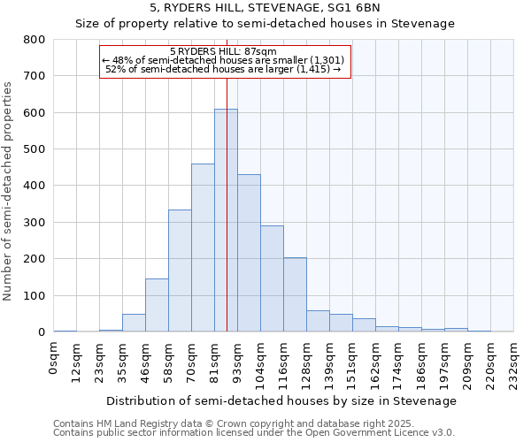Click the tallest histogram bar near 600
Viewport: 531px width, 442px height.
click(x=226, y=221)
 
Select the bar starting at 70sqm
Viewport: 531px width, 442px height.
click(x=203, y=248)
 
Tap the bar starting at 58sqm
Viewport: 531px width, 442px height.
click(x=180, y=271)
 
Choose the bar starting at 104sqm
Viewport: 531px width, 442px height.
click(x=272, y=278)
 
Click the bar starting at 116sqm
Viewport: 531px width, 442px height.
click(x=295, y=295)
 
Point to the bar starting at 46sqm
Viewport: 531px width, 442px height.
click(x=157, y=305)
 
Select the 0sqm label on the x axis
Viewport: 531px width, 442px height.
click(x=54, y=359)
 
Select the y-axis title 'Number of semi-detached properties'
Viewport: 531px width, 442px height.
click(x=10, y=190)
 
